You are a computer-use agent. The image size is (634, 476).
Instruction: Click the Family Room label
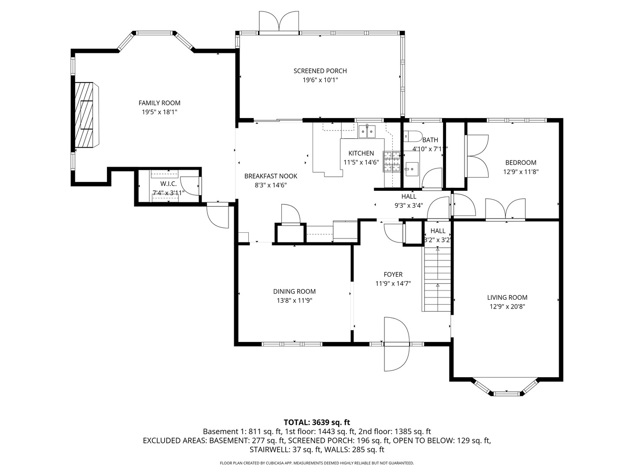pos(159,103)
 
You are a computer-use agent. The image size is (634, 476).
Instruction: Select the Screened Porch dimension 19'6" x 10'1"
pos(320,80)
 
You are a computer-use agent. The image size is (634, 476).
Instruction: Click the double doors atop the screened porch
pos(279,22)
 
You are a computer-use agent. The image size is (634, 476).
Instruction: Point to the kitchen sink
pos(367,131)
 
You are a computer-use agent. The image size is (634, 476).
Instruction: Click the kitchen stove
pos(391,161)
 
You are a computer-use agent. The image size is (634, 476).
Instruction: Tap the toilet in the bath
pos(412,136)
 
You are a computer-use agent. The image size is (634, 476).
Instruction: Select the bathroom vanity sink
pos(412,168)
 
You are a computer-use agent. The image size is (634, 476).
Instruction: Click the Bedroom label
pos(520,163)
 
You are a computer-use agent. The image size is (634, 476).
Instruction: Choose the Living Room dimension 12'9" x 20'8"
pos(507,307)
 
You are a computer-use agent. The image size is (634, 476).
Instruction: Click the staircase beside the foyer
pos(437,279)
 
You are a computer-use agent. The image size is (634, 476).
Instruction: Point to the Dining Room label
pos(294,291)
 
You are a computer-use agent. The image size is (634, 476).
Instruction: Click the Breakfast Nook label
pos(271,176)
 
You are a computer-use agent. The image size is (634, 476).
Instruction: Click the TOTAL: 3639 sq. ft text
pos(317,422)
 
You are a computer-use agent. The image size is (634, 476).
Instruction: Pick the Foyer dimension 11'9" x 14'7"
pos(393,284)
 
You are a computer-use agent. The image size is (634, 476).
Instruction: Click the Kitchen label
pos(361,153)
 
